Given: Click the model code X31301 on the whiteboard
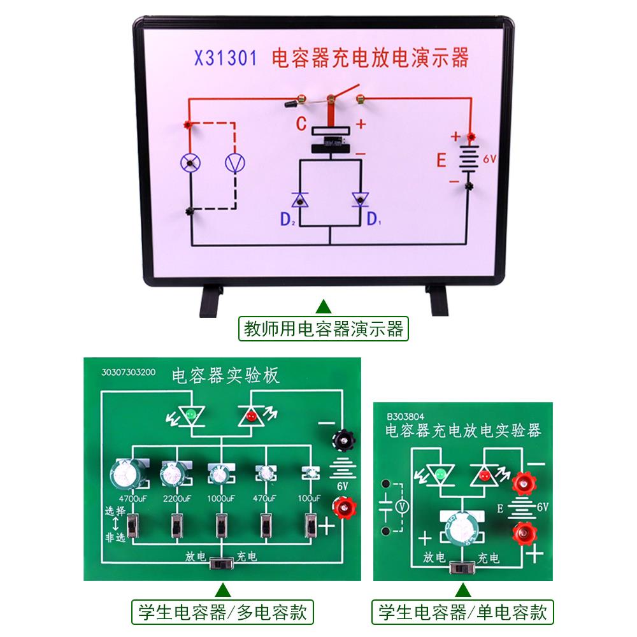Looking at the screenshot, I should (225, 59).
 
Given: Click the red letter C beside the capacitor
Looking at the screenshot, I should (302, 124).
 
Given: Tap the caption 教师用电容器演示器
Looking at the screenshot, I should (324, 329).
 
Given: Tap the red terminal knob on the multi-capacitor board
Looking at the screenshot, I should (343, 508).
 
